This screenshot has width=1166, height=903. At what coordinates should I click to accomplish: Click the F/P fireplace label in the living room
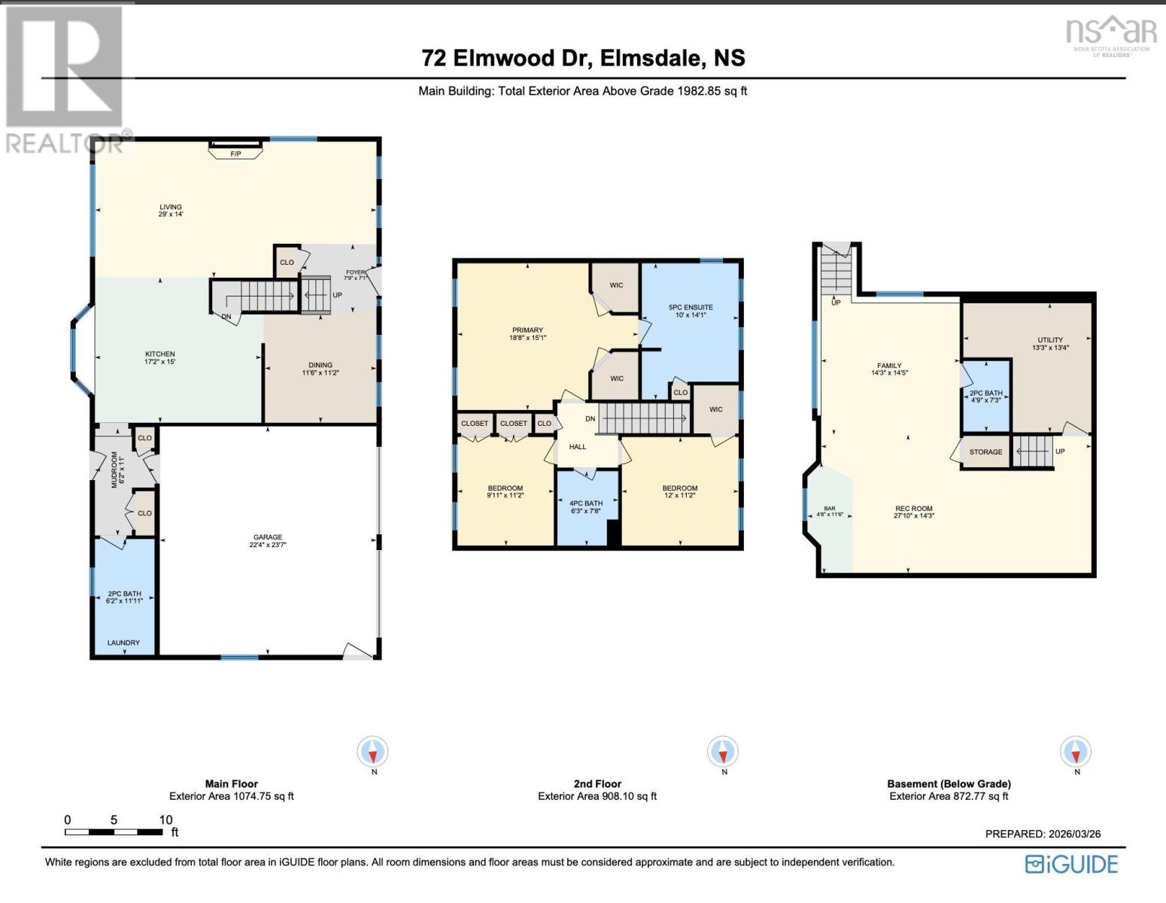(x=235, y=154)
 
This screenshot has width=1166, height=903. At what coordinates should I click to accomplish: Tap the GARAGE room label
(x=268, y=537)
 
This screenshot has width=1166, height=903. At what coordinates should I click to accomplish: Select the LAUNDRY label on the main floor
(x=123, y=642)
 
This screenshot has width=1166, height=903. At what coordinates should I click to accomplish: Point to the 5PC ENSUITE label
(x=691, y=308)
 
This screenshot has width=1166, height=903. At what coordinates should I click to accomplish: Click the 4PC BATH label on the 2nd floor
(x=586, y=503)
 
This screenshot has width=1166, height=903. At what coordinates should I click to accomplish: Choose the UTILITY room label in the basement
(x=1050, y=339)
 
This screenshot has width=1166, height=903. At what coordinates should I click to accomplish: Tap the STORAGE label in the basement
(x=985, y=451)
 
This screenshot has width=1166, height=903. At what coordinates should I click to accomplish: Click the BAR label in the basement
(x=830, y=508)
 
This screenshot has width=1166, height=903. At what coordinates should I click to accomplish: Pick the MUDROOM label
(x=114, y=470)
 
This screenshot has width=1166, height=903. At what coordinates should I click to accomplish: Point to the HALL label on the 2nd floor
(x=578, y=446)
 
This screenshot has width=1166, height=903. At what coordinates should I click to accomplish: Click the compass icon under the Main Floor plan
(x=372, y=751)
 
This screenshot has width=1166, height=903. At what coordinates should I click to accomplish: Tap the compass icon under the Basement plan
(x=1075, y=751)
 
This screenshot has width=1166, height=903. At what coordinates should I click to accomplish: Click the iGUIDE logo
(x=1071, y=864)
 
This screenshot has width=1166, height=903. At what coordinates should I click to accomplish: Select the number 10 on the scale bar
(x=165, y=819)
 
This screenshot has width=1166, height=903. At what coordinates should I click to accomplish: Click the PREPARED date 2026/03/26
(x=1073, y=834)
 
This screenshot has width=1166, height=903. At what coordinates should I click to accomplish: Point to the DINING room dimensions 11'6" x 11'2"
(x=320, y=372)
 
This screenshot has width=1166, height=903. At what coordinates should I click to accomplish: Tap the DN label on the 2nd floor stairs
(x=591, y=418)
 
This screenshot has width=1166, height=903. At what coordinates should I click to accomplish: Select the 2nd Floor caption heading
(x=597, y=784)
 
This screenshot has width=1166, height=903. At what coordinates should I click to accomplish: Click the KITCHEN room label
(x=160, y=354)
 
